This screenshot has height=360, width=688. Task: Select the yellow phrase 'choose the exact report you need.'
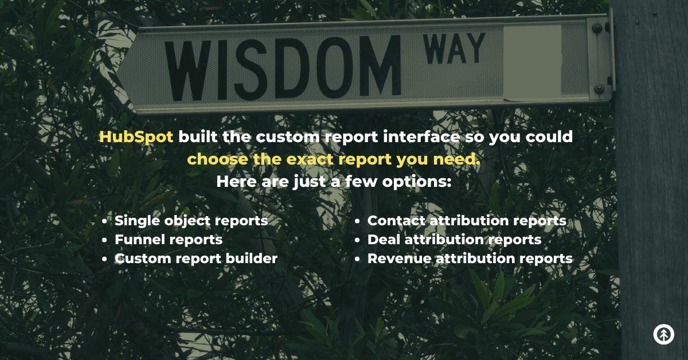[334, 159]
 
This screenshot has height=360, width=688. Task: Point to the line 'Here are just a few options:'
[334, 182]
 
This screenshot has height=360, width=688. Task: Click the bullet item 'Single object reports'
[191, 221]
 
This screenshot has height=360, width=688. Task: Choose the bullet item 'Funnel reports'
[169, 240]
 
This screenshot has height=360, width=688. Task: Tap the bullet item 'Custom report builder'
[196, 259]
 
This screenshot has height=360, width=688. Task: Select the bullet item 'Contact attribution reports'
[467, 221]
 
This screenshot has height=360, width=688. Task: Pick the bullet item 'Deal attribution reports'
[454, 240]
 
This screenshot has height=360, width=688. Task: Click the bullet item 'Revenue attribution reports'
[470, 259]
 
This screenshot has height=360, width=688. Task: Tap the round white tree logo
[663, 334]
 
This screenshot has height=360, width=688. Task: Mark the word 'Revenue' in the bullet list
[399, 259]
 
